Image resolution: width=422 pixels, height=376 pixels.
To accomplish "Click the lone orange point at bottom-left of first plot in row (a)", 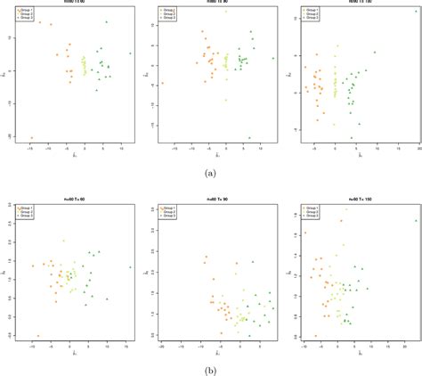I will tap(31, 138).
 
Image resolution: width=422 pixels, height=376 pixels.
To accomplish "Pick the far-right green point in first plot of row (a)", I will tap(130, 53).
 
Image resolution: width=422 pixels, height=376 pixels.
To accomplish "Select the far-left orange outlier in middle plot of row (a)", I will tap(164, 85).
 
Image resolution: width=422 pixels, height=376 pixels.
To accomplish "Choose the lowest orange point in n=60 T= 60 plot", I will tap(38, 336).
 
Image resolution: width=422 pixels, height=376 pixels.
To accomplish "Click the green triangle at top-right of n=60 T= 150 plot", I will tap(415, 220).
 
